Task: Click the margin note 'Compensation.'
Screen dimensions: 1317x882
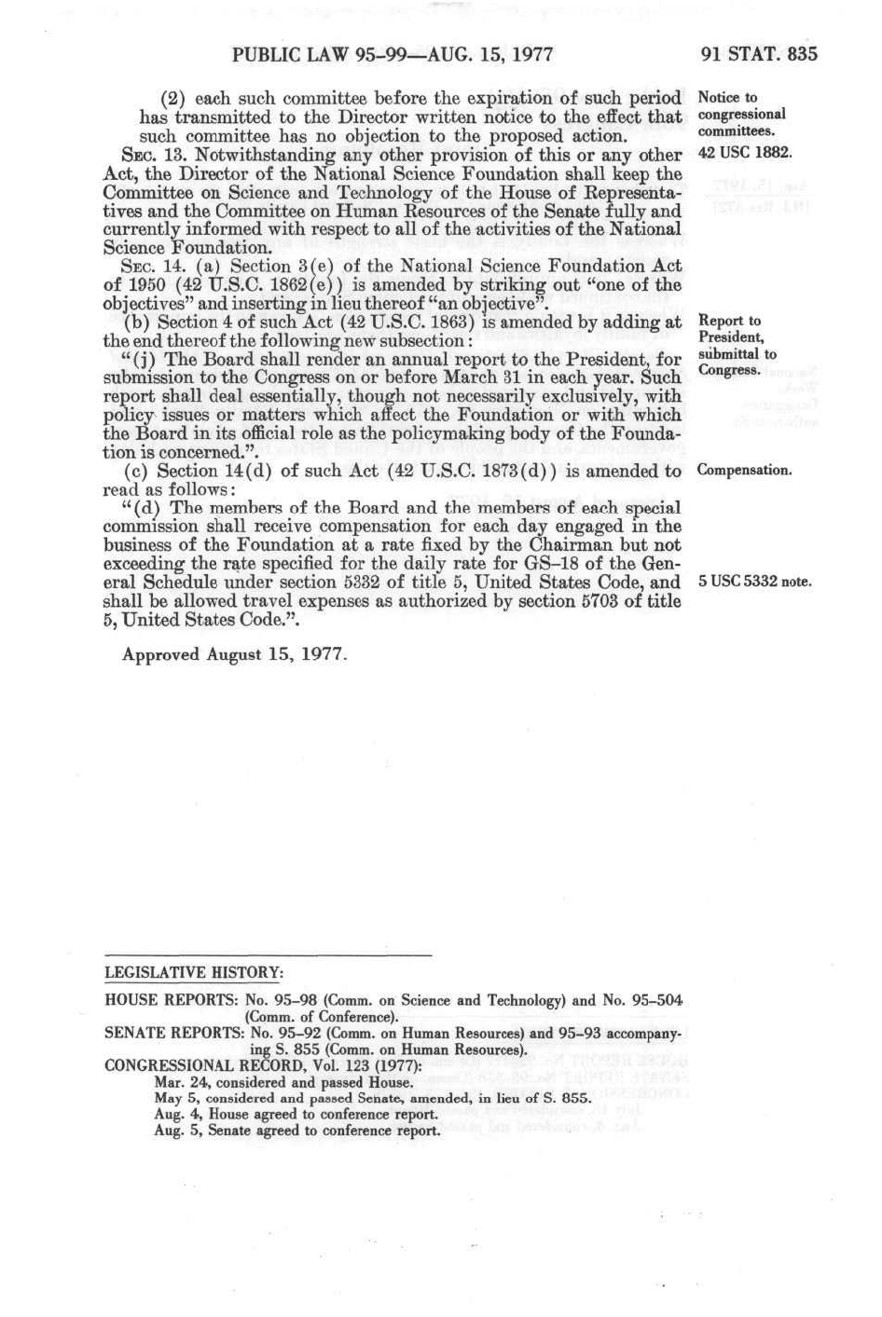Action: tap(744, 471)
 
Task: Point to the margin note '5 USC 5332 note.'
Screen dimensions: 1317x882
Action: tap(754, 583)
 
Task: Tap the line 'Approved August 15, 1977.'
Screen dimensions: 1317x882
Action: tap(235, 654)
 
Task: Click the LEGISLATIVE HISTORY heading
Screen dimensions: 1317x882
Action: tap(193, 973)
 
